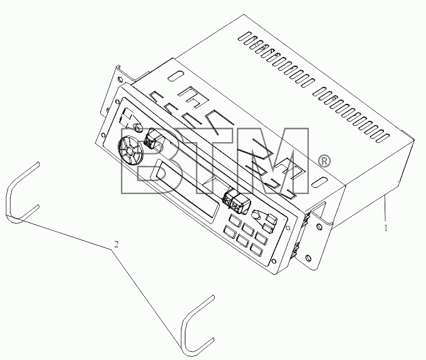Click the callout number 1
click(386, 229)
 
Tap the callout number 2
click(117, 244)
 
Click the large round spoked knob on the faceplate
click(130, 151)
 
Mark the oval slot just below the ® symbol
click(319, 182)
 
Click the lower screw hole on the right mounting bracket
click(308, 257)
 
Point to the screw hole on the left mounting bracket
click(119, 80)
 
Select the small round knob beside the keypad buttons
click(256, 215)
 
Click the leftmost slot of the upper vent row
click(244, 37)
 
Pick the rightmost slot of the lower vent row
click(383, 138)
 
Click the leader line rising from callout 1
click(385, 210)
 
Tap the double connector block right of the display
click(234, 202)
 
